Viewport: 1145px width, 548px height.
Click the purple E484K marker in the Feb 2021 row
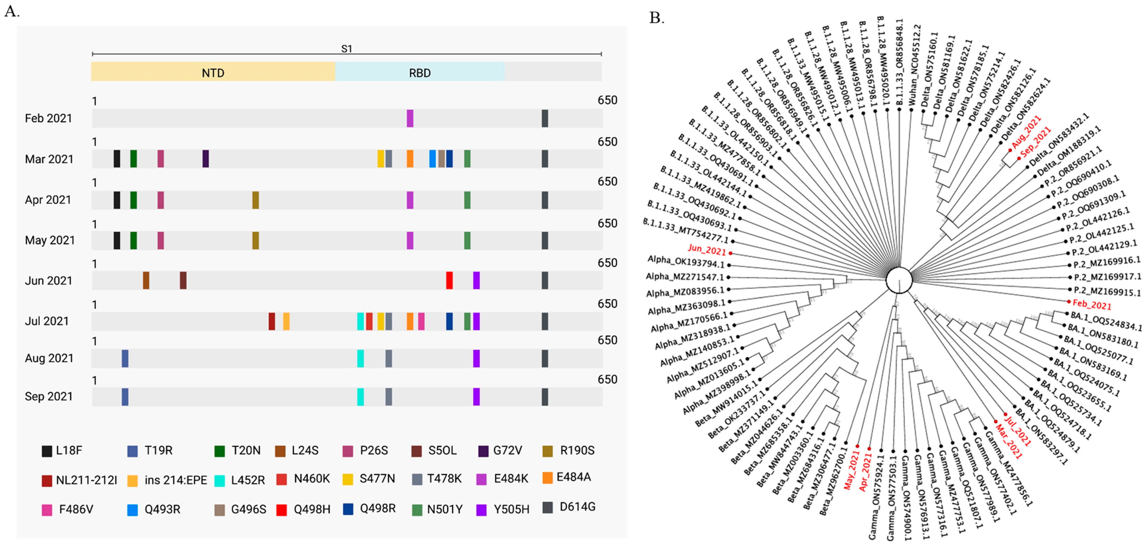tap(410, 118)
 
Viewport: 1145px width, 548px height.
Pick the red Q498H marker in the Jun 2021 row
tap(449, 280)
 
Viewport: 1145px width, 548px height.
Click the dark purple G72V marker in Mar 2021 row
tap(205, 159)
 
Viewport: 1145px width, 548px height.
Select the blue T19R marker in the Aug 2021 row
tap(125, 358)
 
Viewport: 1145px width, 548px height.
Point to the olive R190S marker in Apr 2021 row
tap(256, 200)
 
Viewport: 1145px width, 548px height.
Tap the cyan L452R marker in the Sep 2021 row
tap(360, 396)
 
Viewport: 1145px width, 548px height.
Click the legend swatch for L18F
tap(47, 451)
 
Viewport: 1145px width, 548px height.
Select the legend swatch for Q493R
tap(132, 510)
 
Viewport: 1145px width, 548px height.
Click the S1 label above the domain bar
tap(346, 48)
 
